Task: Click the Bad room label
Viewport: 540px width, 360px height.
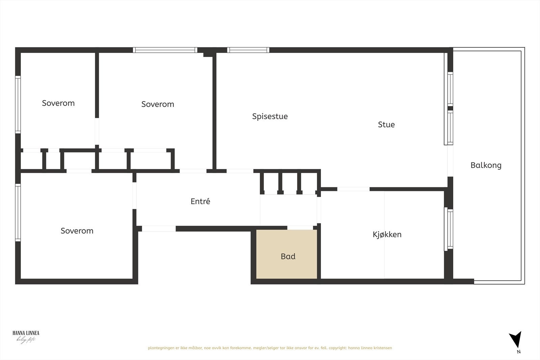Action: tap(288, 256)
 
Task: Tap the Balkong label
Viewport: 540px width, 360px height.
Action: tap(486, 165)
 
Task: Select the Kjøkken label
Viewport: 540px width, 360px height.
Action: tap(387, 234)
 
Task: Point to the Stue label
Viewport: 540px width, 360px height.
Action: tap(386, 124)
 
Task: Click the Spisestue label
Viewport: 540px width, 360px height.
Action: tap(270, 116)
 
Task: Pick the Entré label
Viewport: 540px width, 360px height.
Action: tap(200, 201)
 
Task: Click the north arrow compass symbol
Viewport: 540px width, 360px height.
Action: tap(515, 339)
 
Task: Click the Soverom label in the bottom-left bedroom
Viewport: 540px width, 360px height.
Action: tap(77, 231)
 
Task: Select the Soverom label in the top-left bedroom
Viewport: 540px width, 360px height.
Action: tap(58, 103)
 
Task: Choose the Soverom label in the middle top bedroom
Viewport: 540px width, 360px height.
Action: tap(158, 104)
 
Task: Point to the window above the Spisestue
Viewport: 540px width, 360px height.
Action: tap(248, 50)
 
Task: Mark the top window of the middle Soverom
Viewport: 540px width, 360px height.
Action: tap(165, 50)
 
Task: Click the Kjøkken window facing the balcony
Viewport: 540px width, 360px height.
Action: tap(450, 229)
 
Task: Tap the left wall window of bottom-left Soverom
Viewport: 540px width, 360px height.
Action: tap(18, 212)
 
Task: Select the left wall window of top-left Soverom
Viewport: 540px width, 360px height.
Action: tap(18, 104)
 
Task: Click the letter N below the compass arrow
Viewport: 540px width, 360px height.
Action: tap(519, 352)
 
